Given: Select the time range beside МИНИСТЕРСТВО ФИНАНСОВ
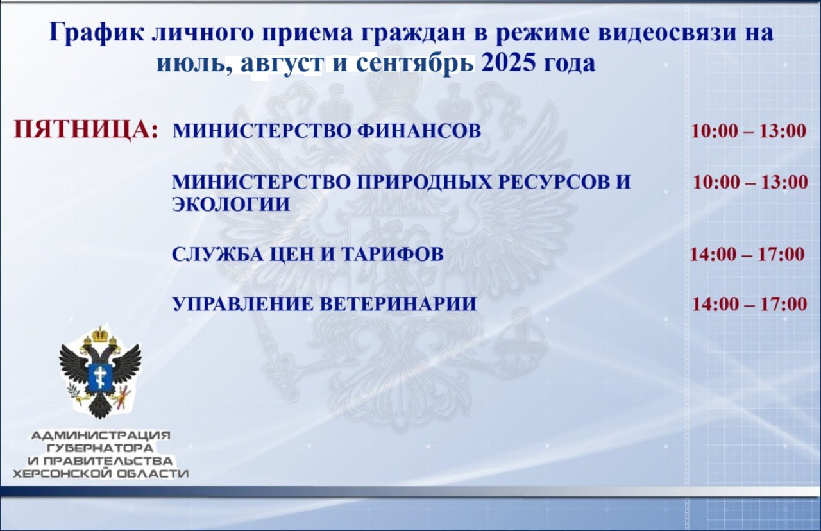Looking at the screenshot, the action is [749, 131].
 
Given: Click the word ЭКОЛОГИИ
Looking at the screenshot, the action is [231, 204].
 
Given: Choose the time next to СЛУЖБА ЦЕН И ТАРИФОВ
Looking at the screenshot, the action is [747, 255].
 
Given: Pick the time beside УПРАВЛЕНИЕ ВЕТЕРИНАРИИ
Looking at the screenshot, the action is [750, 304].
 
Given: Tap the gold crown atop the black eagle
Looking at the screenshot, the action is [99, 334].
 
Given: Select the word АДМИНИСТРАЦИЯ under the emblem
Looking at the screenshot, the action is [101, 435].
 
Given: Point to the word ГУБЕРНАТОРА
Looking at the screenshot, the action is [101, 448].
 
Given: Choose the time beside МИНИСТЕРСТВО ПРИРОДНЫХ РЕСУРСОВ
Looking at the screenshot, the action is [750, 182].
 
